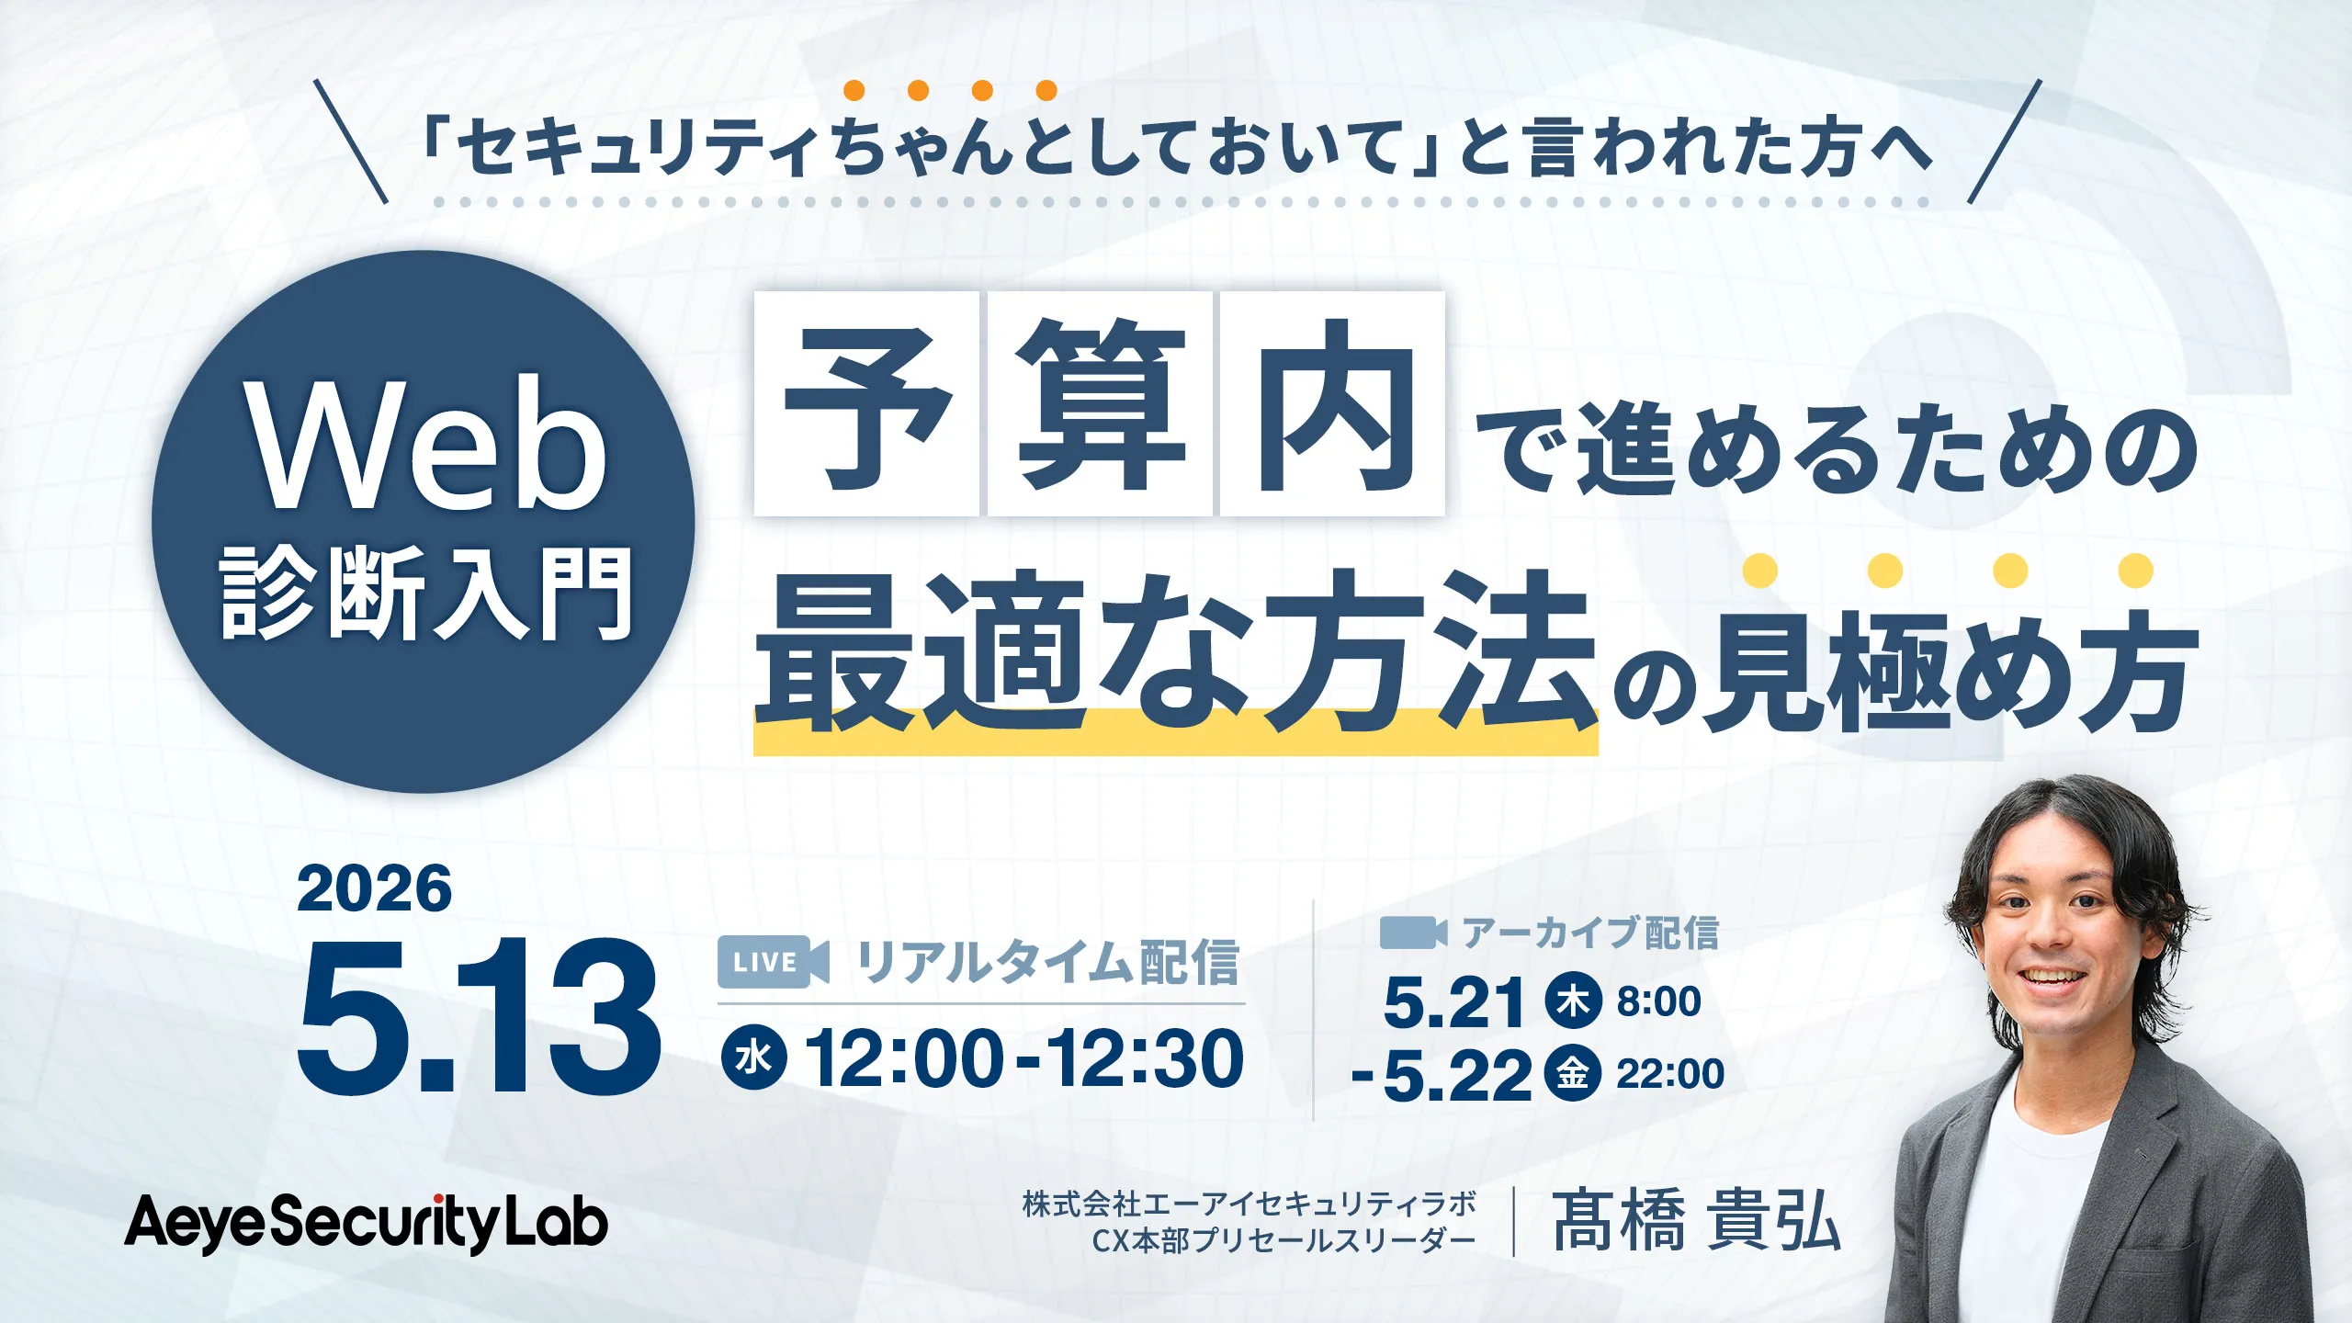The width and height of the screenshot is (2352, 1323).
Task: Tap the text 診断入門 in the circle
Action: pos(426,593)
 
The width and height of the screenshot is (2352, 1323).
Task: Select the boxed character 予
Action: pos(865,404)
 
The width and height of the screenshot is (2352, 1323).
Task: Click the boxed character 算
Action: pos(1100,404)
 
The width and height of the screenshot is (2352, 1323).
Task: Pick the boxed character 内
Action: pos(1332,404)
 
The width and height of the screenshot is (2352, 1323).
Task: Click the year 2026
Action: pos(374,889)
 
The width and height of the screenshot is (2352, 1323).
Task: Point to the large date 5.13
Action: pos(478,1018)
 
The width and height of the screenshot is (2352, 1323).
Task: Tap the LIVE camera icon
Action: pos(773,962)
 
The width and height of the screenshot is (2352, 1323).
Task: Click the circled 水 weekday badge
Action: pos(753,1058)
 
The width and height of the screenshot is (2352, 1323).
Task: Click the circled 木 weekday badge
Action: pos(1573,1000)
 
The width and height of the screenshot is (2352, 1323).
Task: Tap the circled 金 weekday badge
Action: pos(1572,1073)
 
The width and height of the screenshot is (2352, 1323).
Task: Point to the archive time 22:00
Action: pos(1670,1074)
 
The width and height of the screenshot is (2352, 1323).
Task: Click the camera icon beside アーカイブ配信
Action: pos(1413,933)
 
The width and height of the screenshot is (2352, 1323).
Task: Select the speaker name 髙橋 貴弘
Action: pos(1696,1221)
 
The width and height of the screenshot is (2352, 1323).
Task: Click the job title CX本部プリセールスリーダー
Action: pos(1283,1241)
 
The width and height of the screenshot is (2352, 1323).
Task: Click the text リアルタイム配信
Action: pos(1048,963)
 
